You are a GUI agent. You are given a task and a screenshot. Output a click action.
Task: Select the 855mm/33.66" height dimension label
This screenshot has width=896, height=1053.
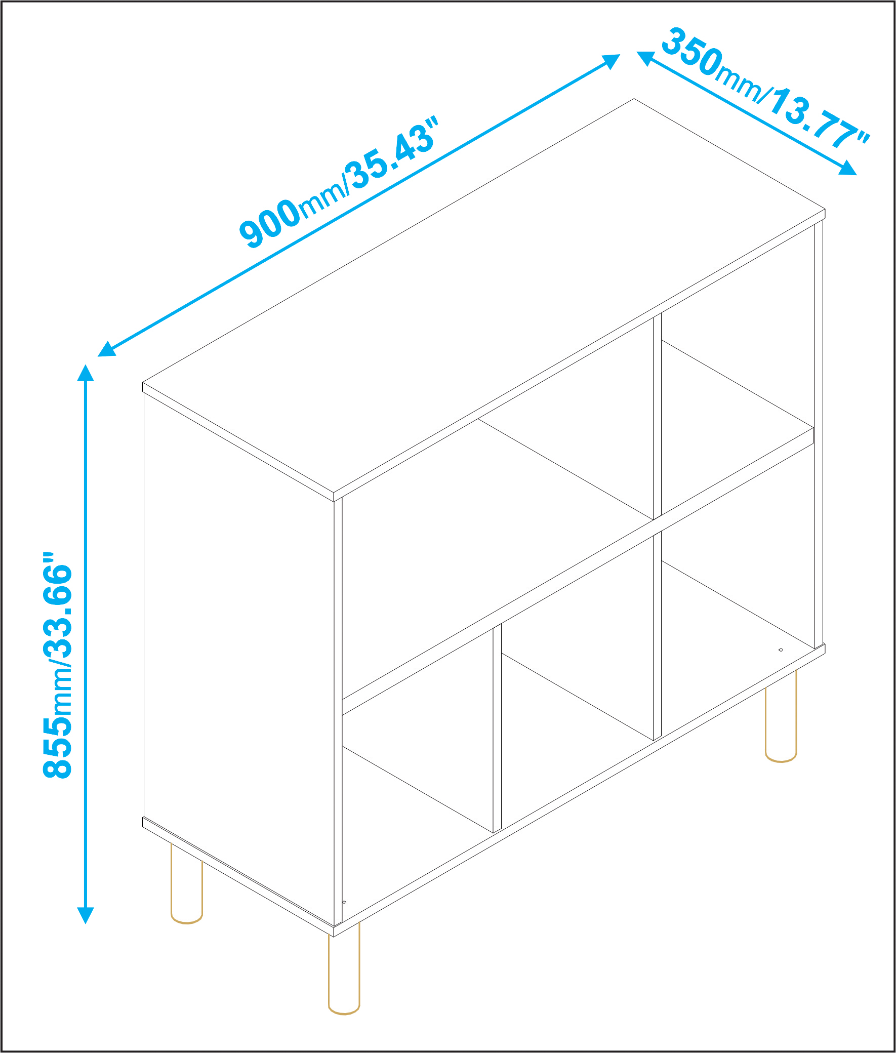tap(57, 665)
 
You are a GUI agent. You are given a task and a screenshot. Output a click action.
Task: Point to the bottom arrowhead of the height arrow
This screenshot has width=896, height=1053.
tap(86, 915)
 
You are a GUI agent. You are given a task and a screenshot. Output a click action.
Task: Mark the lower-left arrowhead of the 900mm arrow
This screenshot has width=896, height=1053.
tap(106, 349)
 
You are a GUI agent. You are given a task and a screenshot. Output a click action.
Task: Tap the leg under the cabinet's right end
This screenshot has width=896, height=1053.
tap(781, 716)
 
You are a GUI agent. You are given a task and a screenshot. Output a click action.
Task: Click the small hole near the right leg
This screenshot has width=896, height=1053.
tap(781, 650)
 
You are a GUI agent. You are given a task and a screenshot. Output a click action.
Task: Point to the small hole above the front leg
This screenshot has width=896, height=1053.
tap(344, 902)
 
